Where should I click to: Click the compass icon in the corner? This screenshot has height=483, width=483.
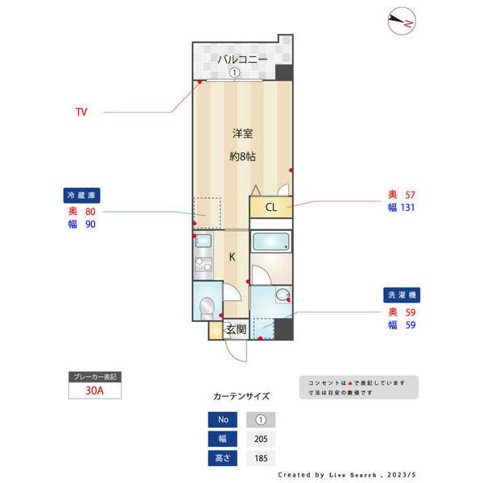400,23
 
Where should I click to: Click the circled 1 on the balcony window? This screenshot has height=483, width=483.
233,72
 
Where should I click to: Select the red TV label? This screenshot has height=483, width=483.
81,112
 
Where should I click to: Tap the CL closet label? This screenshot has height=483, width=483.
270,208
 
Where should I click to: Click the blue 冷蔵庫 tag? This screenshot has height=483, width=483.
83,196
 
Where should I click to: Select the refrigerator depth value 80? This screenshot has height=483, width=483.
90,212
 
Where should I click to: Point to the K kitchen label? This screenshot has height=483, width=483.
232,258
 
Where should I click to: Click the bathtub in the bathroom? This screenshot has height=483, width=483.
270,242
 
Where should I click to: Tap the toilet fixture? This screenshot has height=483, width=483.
206,307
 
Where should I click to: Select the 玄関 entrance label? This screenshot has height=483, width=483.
235,329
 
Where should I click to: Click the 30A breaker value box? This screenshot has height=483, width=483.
94,392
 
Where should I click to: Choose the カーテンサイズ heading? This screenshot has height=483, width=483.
242,397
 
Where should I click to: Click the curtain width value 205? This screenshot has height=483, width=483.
260,439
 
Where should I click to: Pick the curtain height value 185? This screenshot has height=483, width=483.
260,458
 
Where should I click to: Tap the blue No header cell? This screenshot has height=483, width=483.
222,419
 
